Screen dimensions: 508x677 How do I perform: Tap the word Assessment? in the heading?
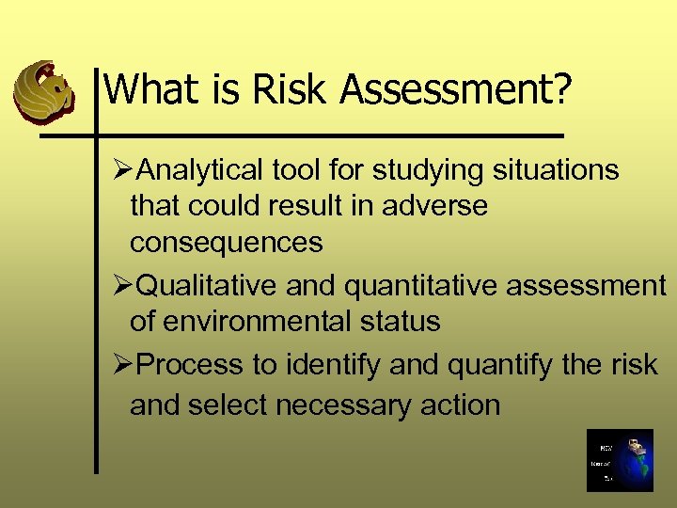[x=456, y=91]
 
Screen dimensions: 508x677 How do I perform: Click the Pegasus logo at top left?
[x=43, y=91]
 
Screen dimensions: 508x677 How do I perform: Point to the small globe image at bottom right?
[x=619, y=460]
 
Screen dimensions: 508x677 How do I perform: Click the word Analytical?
[x=201, y=170]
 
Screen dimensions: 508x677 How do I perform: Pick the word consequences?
[x=226, y=242]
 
